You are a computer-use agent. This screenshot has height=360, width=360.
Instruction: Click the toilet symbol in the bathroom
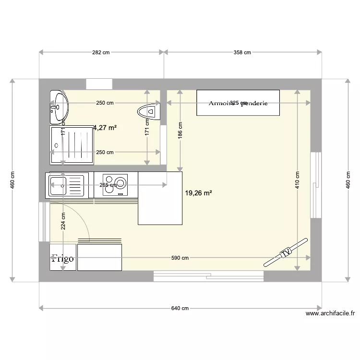tap(148, 112)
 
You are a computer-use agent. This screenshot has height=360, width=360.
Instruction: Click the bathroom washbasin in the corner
tap(59, 107)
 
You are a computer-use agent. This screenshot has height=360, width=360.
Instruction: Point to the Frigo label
tap(63, 258)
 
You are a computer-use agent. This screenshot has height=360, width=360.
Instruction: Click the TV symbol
tap(285, 252)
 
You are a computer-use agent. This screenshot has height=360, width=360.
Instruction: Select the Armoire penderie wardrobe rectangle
tap(238, 103)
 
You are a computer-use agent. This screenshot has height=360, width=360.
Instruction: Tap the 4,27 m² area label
tap(105, 128)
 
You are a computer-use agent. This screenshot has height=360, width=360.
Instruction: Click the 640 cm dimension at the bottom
tap(180, 308)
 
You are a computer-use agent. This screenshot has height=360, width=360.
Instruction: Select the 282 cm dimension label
tap(101, 52)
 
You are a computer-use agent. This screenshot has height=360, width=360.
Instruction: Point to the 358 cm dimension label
tap(242, 52)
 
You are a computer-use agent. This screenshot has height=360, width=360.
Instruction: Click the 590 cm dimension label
tap(180, 258)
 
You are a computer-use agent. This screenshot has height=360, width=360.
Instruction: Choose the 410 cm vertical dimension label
tap(297, 180)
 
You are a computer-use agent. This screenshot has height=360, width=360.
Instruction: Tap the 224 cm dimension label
tap(63, 222)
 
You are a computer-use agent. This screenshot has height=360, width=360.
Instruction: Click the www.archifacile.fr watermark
tap(330, 314)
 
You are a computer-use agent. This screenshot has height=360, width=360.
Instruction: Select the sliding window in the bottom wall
tap(208, 276)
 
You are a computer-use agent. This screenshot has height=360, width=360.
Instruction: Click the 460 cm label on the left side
tap(13, 180)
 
